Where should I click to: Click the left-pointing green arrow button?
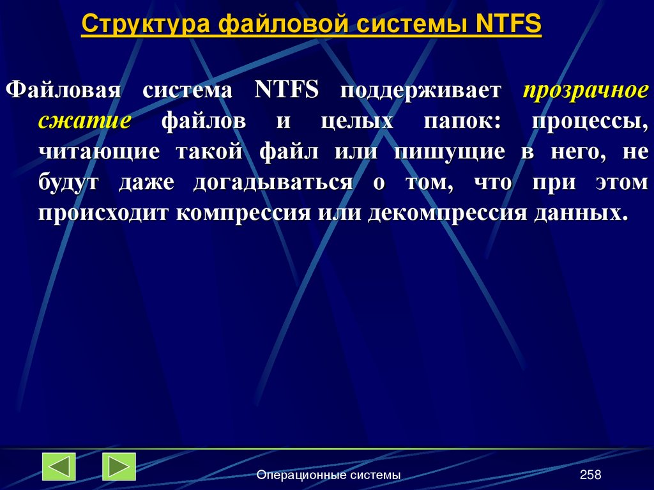point(59,466)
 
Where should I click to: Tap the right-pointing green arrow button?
point(119,466)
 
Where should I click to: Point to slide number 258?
point(591,475)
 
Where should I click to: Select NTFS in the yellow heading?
point(508,25)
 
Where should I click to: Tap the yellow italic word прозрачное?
point(586,90)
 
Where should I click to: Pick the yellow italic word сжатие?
point(84,121)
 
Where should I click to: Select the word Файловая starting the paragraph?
point(63,90)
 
